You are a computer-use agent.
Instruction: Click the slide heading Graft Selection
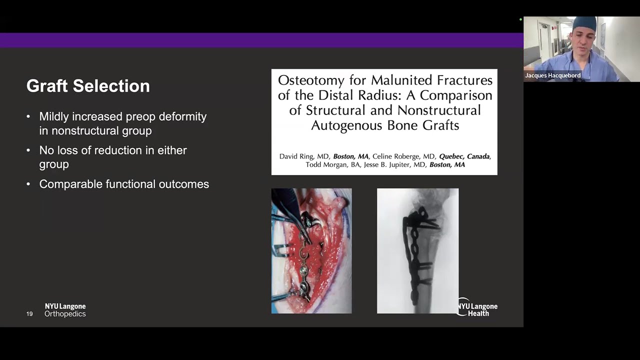(x=88, y=86)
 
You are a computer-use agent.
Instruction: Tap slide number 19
(x=29, y=314)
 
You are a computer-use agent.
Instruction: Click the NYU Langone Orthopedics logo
(x=65, y=310)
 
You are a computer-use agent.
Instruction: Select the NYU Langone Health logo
(x=477, y=309)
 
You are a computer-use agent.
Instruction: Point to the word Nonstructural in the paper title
(x=433, y=110)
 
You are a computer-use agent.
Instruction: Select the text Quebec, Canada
(x=464, y=156)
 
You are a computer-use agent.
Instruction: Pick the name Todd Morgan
(x=326, y=164)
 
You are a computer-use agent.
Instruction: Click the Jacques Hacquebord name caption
(x=552, y=75)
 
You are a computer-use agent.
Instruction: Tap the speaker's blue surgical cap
(x=584, y=23)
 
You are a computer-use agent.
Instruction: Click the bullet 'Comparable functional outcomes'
(x=124, y=184)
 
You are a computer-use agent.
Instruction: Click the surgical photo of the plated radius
(x=311, y=251)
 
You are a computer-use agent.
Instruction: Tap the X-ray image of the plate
(x=417, y=251)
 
